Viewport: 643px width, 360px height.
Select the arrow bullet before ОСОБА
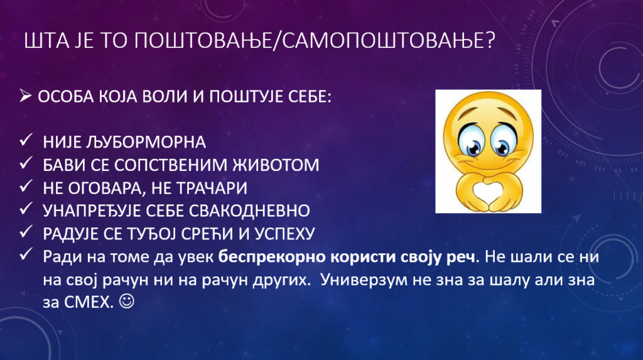coord(25,97)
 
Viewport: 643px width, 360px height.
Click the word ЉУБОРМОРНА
coord(146,143)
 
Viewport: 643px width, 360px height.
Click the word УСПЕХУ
coord(284,234)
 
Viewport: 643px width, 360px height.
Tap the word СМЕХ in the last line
coord(88,303)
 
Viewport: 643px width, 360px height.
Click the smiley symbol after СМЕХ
coord(126,302)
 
